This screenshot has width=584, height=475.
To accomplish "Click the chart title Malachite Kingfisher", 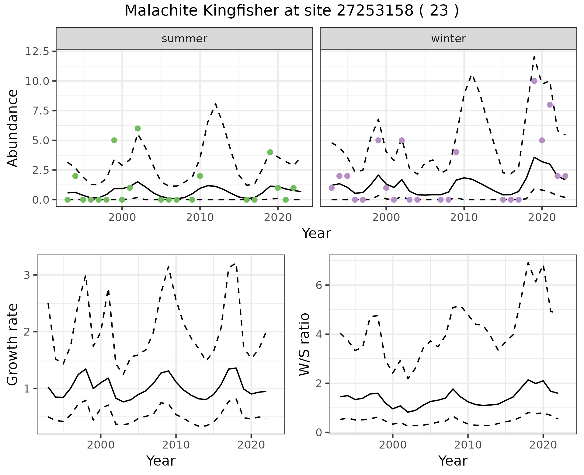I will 291,11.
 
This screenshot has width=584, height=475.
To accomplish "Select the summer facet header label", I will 184,39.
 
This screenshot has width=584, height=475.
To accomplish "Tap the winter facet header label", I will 448,39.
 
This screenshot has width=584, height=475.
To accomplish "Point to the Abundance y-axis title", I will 13,128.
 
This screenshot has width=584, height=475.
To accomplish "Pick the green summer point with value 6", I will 137,128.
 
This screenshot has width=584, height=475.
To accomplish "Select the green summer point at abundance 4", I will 270,152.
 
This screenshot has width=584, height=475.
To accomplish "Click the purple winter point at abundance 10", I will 534,81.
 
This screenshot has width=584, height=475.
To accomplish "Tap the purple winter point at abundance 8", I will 550,105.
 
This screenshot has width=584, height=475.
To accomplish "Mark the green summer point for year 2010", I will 200,176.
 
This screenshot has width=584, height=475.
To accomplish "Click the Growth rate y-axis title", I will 13,345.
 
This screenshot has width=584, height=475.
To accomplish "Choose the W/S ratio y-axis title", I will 304,345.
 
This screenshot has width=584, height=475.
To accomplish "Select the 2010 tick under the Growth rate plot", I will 176,445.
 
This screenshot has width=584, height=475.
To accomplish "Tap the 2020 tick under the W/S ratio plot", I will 543,445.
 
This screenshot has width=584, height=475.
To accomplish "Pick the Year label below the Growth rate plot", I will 161,461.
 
